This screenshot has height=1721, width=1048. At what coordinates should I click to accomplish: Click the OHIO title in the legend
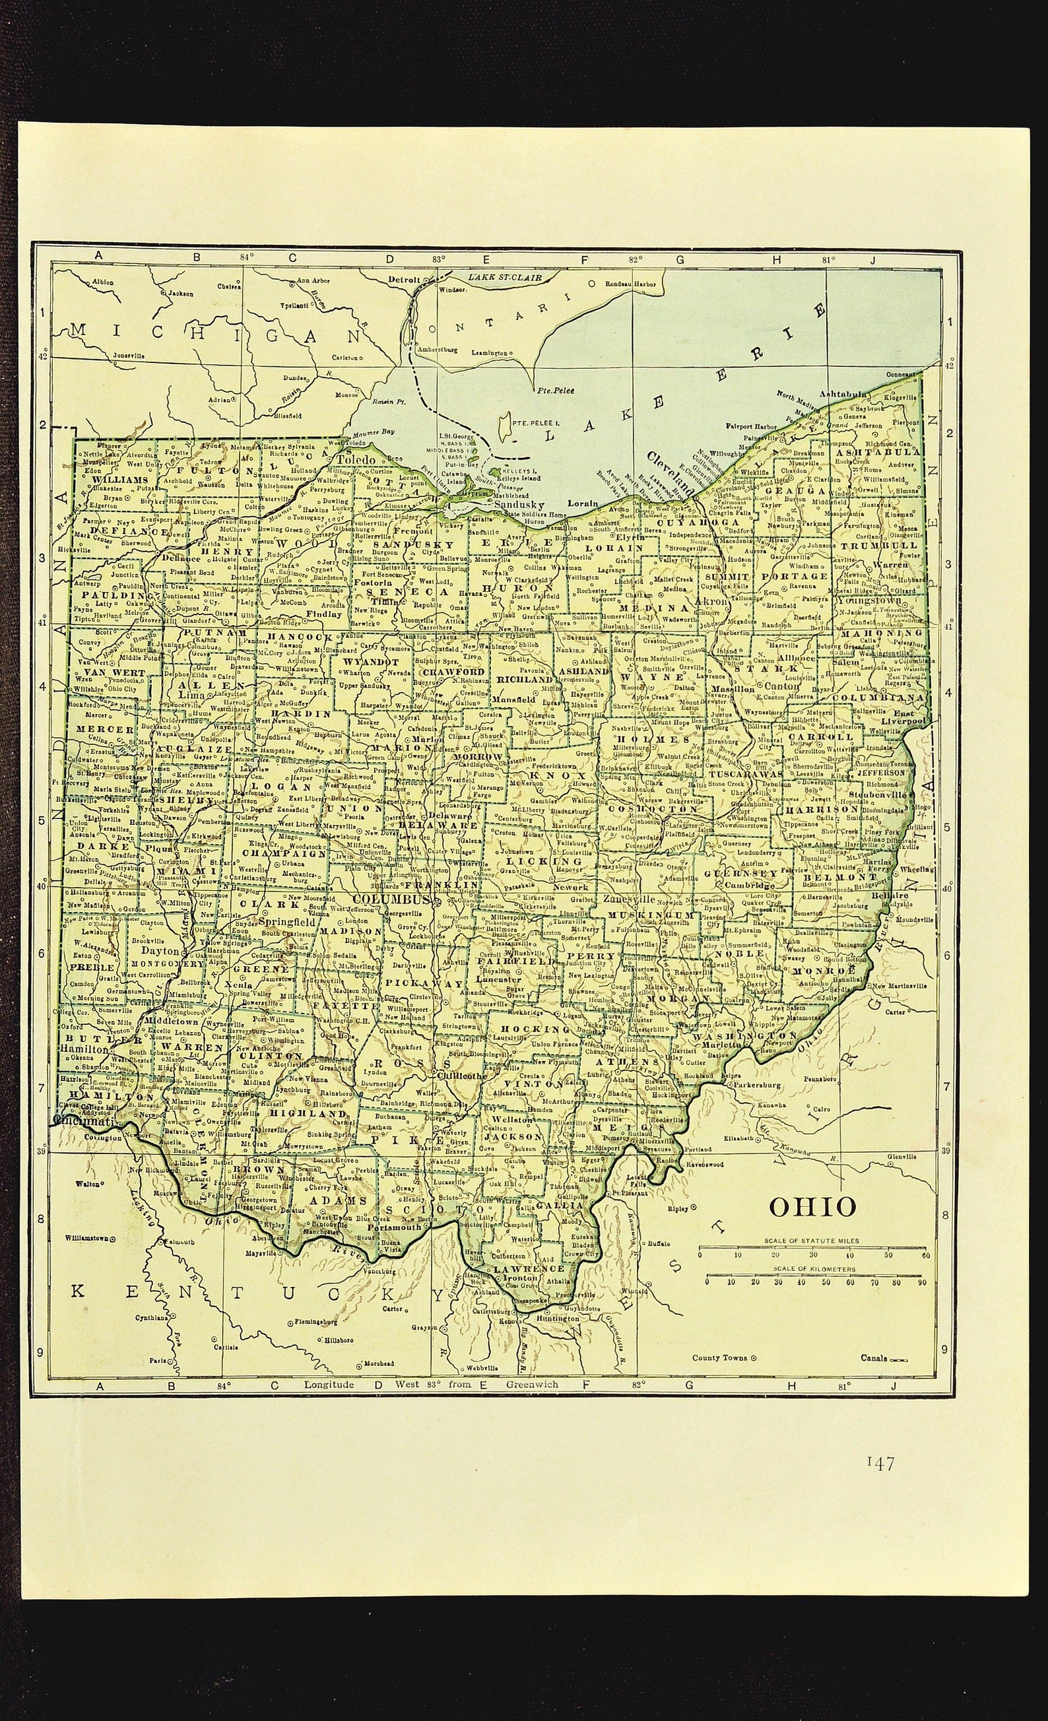point(812,1206)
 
